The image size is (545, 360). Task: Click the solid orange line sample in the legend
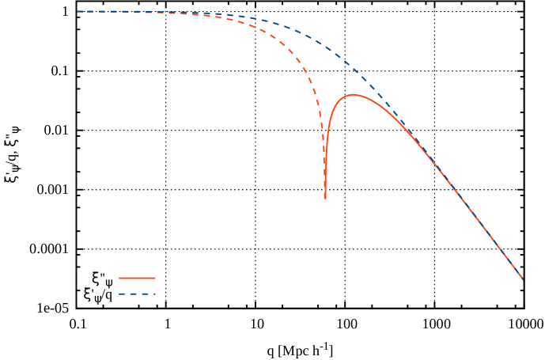[x=137, y=279]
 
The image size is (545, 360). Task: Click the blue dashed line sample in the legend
[x=137, y=294]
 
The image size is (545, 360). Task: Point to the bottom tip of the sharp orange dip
[x=325, y=198]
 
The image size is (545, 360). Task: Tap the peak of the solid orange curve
[x=353, y=95]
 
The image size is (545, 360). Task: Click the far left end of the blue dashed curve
[x=78, y=12]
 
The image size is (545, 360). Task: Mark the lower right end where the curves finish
[x=522, y=278]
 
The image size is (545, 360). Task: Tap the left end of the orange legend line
[x=119, y=279]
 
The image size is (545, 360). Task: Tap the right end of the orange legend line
[x=155, y=279]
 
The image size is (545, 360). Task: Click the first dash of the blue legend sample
[x=123, y=294]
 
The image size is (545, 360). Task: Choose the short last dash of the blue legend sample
[x=153, y=294]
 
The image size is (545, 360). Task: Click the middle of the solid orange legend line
[x=137, y=279]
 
